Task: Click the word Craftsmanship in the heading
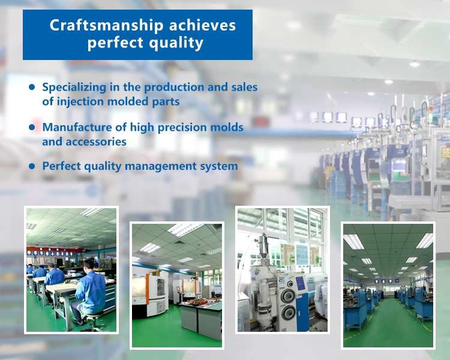106,26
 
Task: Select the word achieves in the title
202,25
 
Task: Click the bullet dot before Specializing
32,87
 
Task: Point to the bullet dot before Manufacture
32,127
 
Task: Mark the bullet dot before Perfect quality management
32,166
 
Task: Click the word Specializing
74,88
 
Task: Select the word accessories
96,142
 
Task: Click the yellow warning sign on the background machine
446,153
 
